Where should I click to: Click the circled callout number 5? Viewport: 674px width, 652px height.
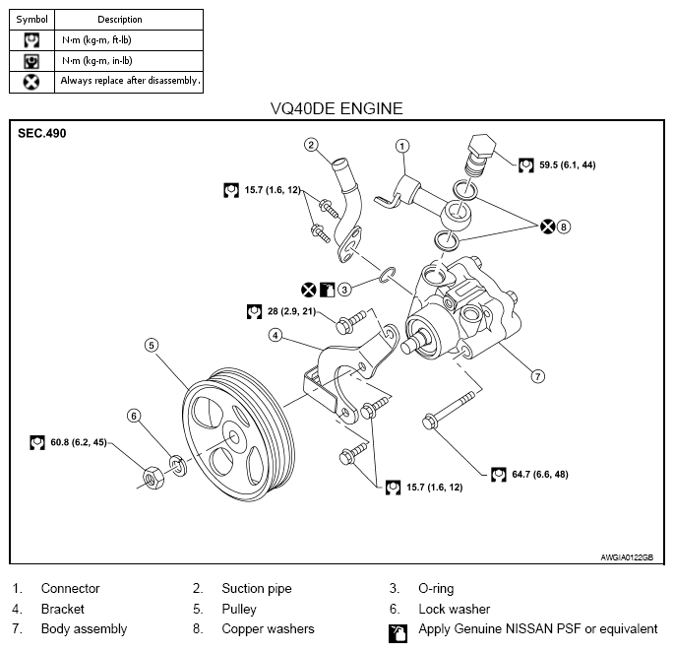coord(152,345)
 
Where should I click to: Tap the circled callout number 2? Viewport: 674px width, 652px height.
coord(311,145)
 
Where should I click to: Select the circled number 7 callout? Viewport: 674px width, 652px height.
coord(538,376)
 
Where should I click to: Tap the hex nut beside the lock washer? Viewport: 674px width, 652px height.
coord(153,478)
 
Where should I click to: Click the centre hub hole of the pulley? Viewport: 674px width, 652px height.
coord(234,437)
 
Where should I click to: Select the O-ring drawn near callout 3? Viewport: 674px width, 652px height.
coord(388,275)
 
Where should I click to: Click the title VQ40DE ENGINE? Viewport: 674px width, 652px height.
coord(337,108)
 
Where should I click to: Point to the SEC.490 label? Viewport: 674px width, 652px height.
coord(42,133)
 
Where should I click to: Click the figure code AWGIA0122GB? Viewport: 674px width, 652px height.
coord(627,557)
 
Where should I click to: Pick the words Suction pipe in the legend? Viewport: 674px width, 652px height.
coord(257,588)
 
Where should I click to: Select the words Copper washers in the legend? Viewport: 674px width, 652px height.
coord(268,628)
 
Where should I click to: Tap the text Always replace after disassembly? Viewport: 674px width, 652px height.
coord(130,81)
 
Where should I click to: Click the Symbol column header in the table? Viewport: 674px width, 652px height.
coord(31,20)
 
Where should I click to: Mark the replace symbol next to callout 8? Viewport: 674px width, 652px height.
coord(548,227)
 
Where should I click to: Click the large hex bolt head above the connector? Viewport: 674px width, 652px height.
coord(482,145)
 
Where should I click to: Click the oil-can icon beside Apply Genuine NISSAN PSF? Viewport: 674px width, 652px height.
coord(398,633)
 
